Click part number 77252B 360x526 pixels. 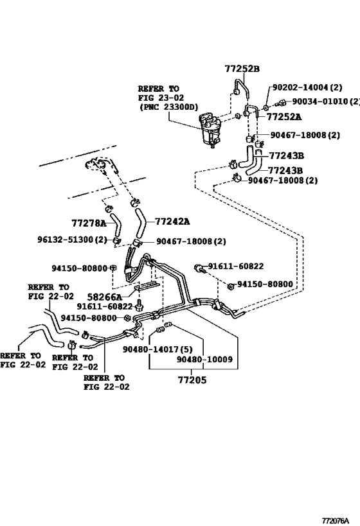[242, 69]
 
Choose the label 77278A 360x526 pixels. [89, 223]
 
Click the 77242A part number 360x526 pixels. [172, 222]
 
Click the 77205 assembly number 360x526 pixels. [193, 380]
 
